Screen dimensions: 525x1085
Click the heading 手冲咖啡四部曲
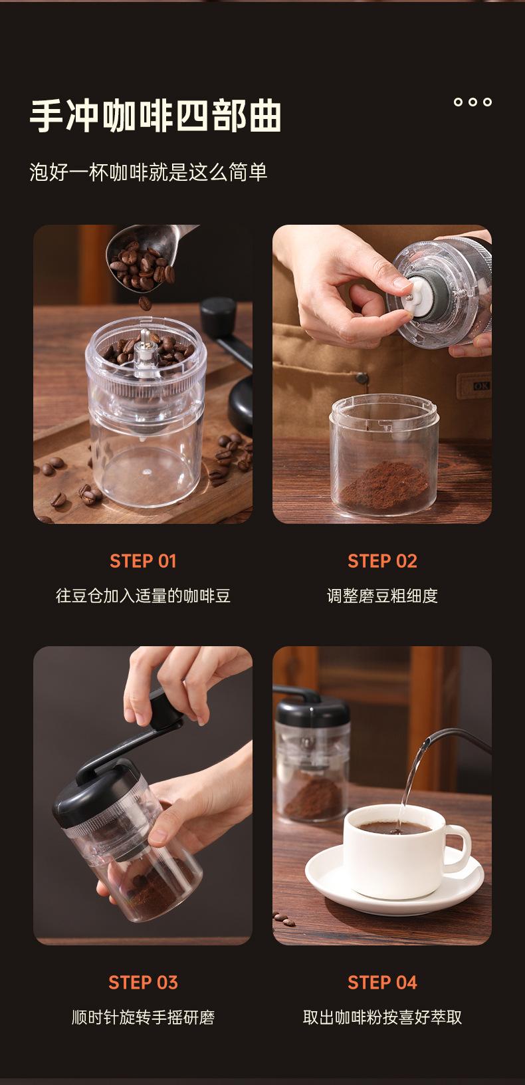coord(156,116)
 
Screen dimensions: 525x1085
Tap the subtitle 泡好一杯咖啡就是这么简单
coord(148,172)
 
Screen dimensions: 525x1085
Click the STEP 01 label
coord(143,561)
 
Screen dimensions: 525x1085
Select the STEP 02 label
coord(382,561)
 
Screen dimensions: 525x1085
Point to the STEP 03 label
coord(143,983)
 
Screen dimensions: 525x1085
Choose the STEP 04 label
coord(382,983)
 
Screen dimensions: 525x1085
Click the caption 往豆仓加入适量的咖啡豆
coord(143,596)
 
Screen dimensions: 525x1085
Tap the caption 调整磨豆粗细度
coord(382,596)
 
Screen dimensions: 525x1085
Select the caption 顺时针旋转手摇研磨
coord(143,1017)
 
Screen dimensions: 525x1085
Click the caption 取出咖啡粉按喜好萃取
coord(382,1017)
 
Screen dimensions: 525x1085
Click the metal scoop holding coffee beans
coord(146,254)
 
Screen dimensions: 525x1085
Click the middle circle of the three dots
coord(472,102)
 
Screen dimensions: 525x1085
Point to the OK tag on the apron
coord(482,386)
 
